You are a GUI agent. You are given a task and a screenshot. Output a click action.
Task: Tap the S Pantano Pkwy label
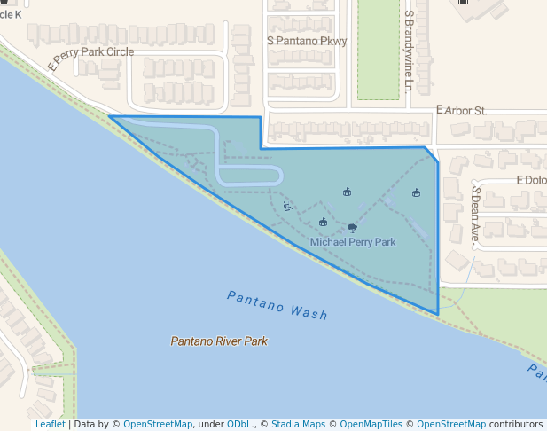pyautogui.click(x=307, y=41)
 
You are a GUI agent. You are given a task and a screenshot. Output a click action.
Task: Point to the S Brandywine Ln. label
pyautogui.click(x=409, y=51)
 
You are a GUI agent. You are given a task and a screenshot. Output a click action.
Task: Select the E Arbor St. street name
pyautogui.click(x=462, y=111)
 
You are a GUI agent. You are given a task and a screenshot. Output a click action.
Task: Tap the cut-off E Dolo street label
pyautogui.click(x=531, y=180)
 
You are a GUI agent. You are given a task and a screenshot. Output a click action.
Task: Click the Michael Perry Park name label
pyautogui.click(x=353, y=242)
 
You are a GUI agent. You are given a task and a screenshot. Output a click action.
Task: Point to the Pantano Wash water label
pyautogui.click(x=277, y=305)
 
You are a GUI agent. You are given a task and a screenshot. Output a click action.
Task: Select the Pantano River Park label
pyautogui.click(x=219, y=341)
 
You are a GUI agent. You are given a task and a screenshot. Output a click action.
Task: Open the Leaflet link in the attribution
pyautogui.click(x=50, y=425)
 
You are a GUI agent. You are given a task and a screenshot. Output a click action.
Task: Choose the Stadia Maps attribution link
pyautogui.click(x=299, y=425)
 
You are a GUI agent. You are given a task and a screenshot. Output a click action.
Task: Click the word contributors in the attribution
pyautogui.click(x=516, y=425)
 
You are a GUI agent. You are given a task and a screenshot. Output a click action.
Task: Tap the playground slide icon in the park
pyautogui.click(x=287, y=207)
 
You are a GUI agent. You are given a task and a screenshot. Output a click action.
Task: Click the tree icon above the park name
pyautogui.click(x=352, y=227)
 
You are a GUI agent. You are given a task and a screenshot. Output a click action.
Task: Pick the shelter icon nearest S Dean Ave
pyautogui.click(x=416, y=192)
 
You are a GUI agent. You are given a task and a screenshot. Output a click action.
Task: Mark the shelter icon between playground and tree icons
pyautogui.click(x=323, y=222)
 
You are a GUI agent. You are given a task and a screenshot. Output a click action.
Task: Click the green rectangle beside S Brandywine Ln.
pyautogui.click(x=378, y=49)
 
